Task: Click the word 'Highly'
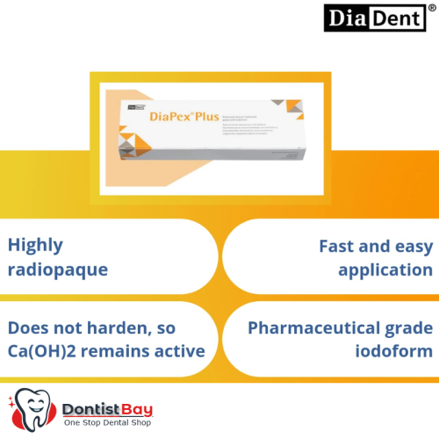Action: pyautogui.click(x=36, y=246)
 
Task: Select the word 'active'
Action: pyautogui.click(x=181, y=351)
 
